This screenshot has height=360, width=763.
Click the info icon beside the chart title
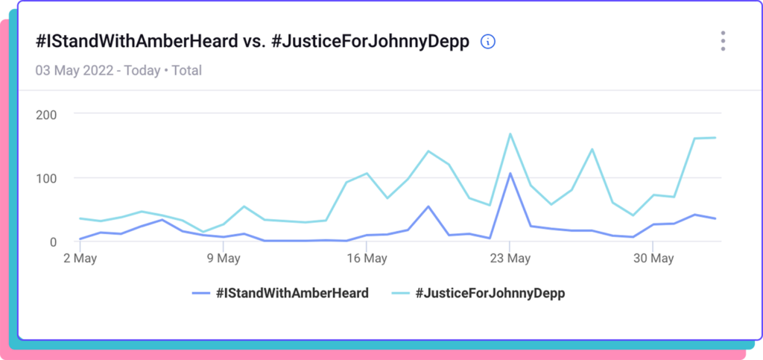click(488, 42)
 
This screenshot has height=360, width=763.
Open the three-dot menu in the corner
click(723, 41)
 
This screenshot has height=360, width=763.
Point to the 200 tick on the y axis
click(48, 114)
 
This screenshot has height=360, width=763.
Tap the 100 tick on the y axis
click(48, 178)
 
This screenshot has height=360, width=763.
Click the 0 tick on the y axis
click(52, 241)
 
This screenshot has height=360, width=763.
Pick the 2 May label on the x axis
click(80, 259)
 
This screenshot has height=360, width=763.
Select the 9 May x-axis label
click(223, 259)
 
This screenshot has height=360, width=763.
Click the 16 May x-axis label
click(367, 259)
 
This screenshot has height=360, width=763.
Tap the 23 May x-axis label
click(510, 259)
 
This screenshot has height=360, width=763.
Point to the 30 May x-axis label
click(653, 259)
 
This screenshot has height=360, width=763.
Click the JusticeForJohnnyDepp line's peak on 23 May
click(510, 134)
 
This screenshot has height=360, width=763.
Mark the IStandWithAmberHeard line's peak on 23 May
click(510, 174)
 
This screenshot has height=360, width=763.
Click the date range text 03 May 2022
click(74, 71)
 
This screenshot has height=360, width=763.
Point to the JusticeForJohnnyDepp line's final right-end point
click(715, 138)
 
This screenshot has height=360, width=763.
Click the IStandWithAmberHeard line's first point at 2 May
click(80, 239)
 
